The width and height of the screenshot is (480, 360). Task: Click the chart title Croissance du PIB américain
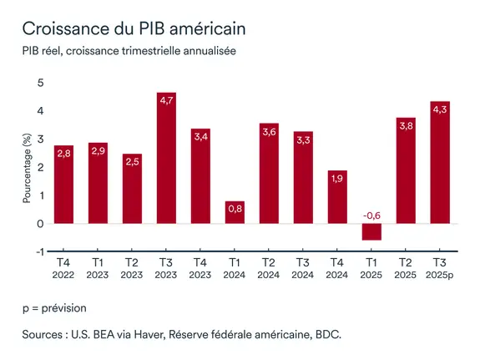pyautogui.click(x=133, y=28)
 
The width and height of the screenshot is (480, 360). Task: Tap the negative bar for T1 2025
pyautogui.click(x=371, y=231)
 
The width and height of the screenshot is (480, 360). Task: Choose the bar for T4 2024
pyautogui.click(x=337, y=196)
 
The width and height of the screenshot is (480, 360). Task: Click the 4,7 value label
pyautogui.click(x=167, y=100)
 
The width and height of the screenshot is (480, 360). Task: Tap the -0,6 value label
pyautogui.click(x=371, y=215)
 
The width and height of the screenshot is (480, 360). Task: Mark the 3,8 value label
pyautogui.click(x=406, y=126)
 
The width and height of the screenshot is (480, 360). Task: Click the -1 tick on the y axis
pyautogui.click(x=38, y=251)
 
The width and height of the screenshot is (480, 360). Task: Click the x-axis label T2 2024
pyautogui.click(x=270, y=267)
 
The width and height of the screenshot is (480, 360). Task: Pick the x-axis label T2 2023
pyautogui.click(x=133, y=267)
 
